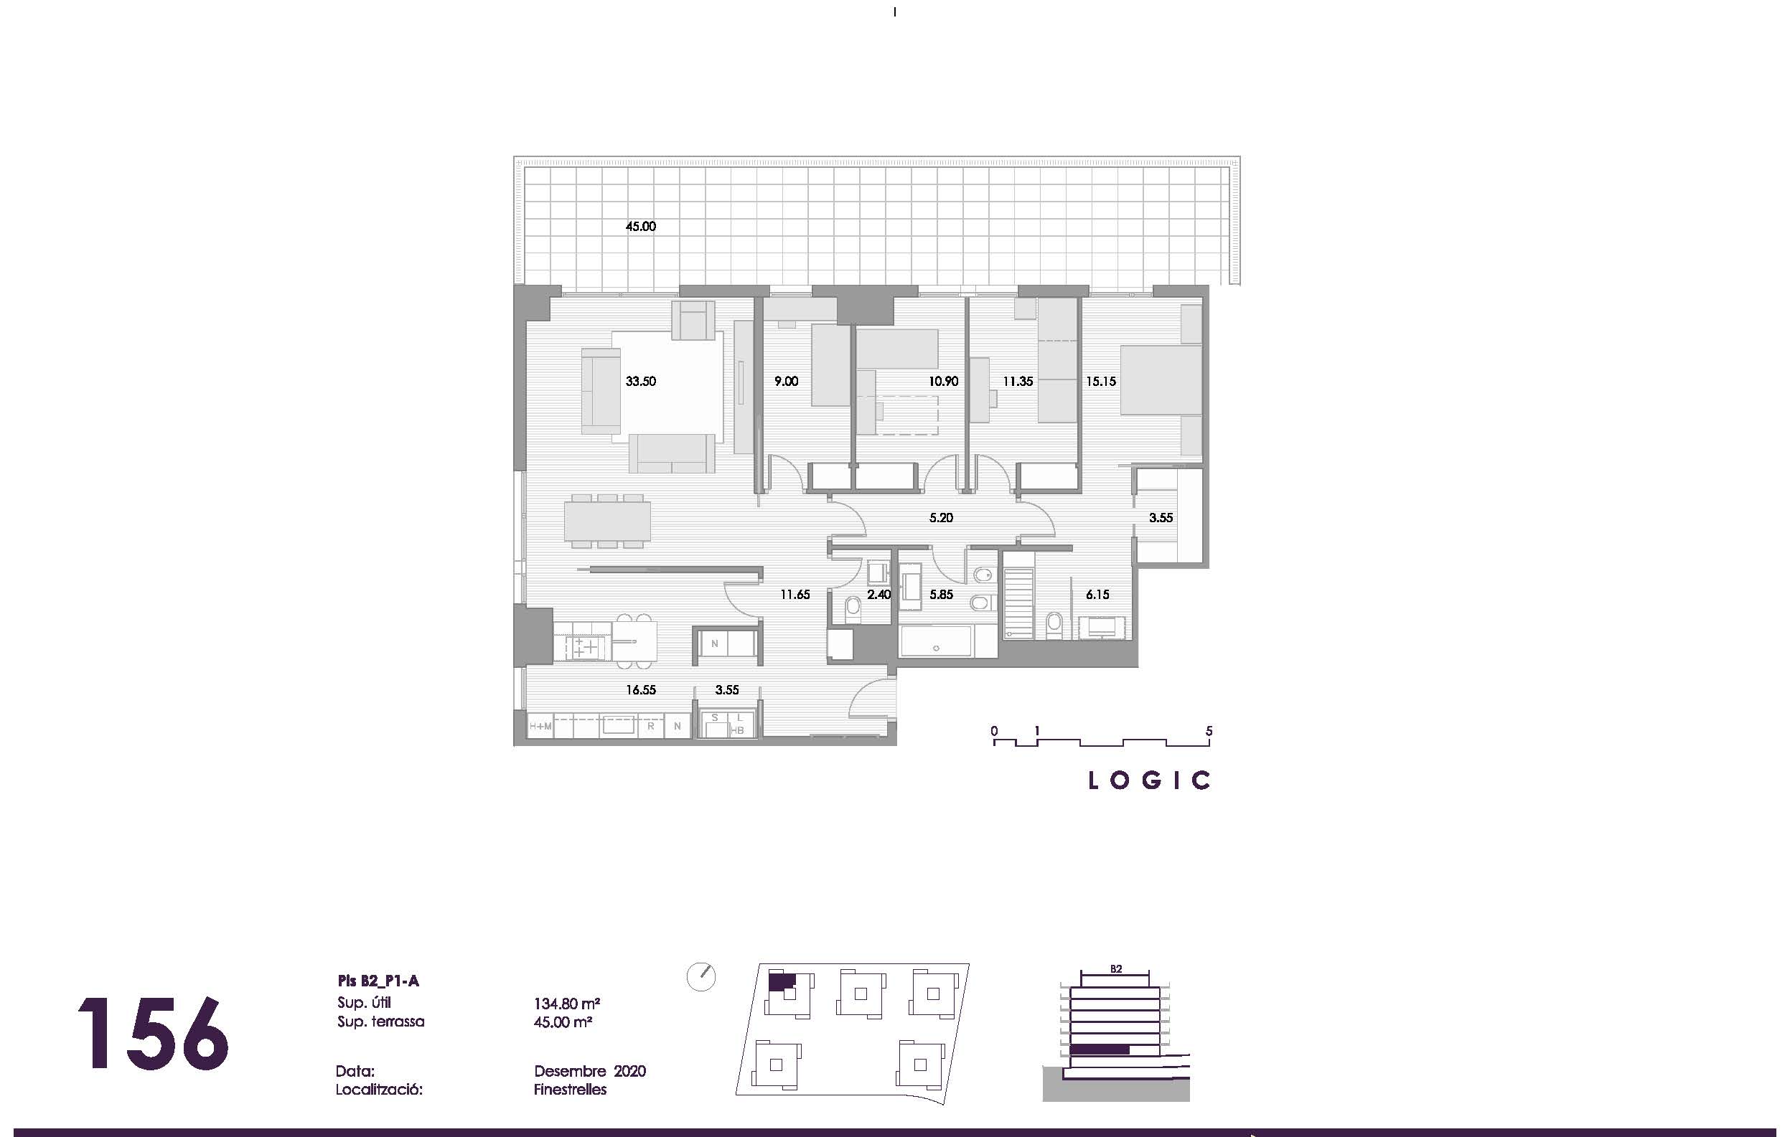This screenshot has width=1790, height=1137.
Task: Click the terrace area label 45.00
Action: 640,227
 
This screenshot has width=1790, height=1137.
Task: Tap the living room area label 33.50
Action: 640,381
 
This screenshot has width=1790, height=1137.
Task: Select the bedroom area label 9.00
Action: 786,381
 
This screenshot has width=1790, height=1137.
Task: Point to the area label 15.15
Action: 1100,381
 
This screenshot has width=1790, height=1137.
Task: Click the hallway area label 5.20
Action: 940,517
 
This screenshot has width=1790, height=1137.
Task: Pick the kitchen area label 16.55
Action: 640,689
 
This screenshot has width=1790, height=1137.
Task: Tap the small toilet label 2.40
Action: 878,595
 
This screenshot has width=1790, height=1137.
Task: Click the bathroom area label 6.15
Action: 1097,595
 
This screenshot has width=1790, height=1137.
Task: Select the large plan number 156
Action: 152,1034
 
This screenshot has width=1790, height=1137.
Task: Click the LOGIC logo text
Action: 1149,780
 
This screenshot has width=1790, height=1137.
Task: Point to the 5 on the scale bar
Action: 1209,731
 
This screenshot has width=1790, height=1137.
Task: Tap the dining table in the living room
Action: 607,522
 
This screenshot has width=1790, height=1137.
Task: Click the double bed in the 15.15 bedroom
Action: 1161,379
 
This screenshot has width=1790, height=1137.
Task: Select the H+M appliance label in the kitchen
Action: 540,726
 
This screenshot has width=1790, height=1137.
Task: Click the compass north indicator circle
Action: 701,976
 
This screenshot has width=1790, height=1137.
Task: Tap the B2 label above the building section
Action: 1115,969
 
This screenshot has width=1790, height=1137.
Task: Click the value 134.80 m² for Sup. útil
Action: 566,1004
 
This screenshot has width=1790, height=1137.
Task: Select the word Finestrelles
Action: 569,1090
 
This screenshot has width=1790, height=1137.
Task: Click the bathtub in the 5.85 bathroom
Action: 937,641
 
